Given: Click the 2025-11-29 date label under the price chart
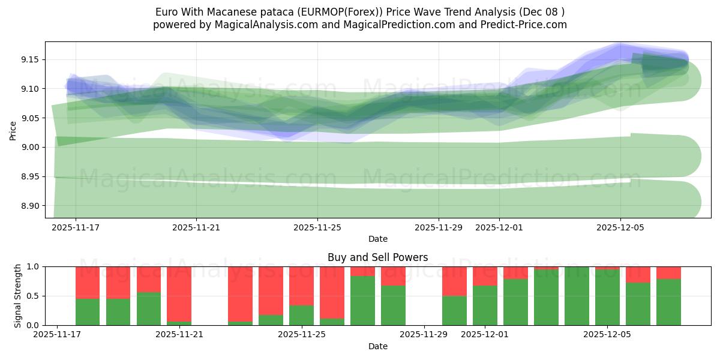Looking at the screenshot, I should [438, 227].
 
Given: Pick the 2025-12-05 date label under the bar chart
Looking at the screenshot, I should [607, 335].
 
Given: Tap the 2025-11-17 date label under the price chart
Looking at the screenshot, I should [76, 227].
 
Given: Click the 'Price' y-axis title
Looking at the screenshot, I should [13, 130].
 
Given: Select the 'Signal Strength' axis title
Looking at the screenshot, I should [18, 296].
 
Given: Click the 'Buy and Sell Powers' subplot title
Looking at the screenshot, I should [377, 257].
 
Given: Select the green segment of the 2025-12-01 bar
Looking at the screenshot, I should [485, 305].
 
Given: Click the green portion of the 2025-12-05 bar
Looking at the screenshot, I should [607, 298].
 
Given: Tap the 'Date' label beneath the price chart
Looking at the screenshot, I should [377, 239].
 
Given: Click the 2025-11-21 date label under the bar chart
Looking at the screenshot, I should [179, 335].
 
